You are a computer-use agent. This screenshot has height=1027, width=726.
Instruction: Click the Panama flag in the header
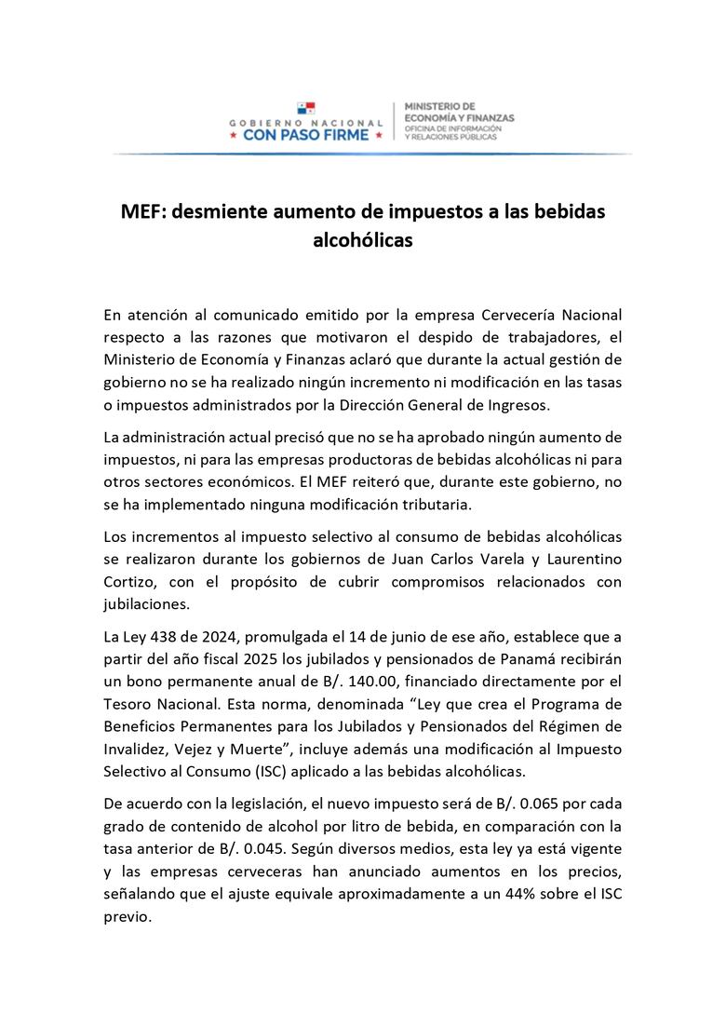tap(306, 110)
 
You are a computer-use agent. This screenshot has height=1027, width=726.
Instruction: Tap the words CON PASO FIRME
tap(305, 135)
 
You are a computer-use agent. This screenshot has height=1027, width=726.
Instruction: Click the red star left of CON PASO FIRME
tap(233, 135)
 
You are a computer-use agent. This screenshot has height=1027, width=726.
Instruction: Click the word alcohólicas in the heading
tap(362, 239)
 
